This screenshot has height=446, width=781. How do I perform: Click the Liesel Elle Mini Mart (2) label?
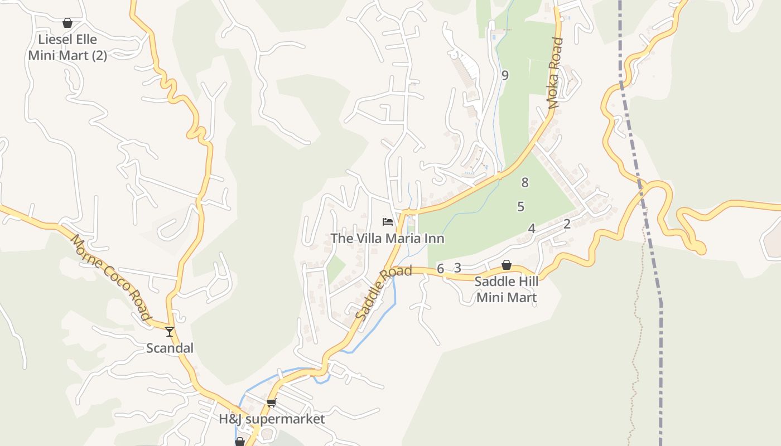68,47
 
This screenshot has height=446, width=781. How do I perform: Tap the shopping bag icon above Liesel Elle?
68,23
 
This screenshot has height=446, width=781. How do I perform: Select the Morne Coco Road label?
111,277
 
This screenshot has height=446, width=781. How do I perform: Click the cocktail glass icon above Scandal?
170,332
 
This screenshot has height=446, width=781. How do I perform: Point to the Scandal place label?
170,348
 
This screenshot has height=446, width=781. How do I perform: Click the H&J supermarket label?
272,419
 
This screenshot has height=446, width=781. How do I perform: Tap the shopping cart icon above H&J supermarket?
272,403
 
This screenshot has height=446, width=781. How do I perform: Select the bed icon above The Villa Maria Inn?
388,222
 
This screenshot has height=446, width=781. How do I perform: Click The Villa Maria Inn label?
388,239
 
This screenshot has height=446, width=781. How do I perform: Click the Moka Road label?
556,72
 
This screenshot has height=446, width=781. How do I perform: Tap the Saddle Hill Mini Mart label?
507,289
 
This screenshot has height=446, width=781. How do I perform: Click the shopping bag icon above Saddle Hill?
507,265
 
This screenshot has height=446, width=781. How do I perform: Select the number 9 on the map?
505,75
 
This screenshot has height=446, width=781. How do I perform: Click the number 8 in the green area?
524,182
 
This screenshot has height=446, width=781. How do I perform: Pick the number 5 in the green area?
520,207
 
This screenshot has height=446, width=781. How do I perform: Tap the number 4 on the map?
532,229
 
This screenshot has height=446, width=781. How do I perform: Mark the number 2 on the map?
567,224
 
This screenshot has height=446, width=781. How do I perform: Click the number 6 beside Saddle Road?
440,269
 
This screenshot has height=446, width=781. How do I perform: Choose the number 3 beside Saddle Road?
457,268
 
